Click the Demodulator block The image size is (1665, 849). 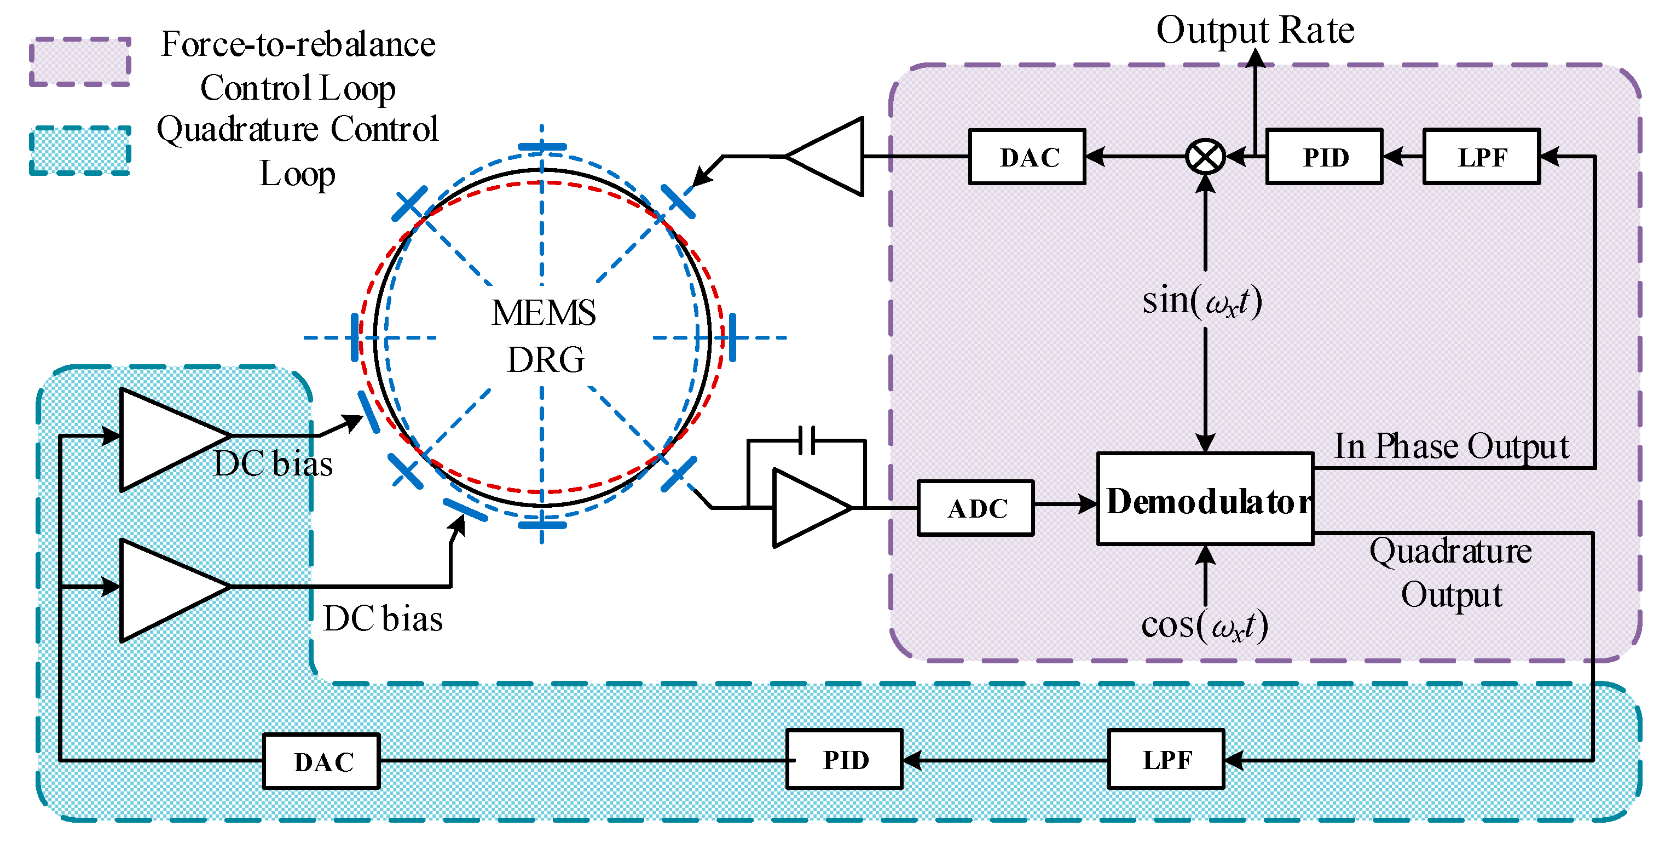pyautogui.click(x=1205, y=499)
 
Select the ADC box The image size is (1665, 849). pyautogui.click(x=975, y=508)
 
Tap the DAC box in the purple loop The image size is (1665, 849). pyautogui.click(x=1026, y=157)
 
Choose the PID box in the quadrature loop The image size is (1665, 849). pyautogui.click(x=844, y=759)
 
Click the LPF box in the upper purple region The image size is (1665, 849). pyautogui.click(x=1482, y=157)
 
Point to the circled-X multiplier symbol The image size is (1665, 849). pyautogui.click(x=1205, y=157)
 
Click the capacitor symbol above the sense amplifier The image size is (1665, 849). pyautogui.click(x=807, y=440)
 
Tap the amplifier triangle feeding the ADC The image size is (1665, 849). pyautogui.click(x=808, y=508)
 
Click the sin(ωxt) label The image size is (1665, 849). pyautogui.click(x=1202, y=301)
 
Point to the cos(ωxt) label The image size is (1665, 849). pyautogui.click(x=1204, y=626)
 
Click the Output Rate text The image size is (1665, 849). pyautogui.click(x=1254, y=30)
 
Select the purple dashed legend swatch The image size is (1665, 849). pyautogui.click(x=80, y=62)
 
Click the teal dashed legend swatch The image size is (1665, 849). pyautogui.click(x=80, y=151)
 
